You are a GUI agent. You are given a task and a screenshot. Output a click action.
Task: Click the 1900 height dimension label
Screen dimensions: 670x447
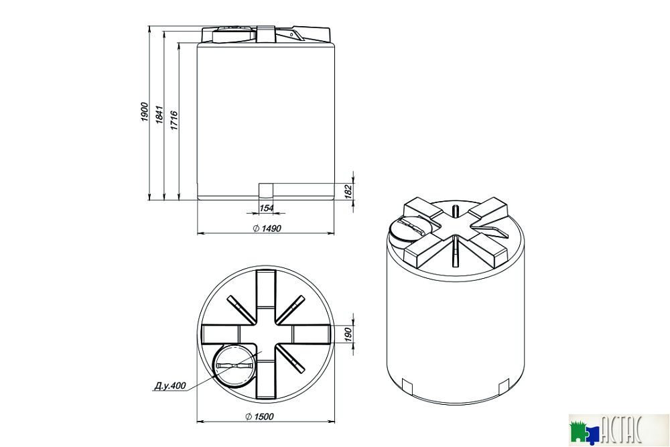pyautogui.click(x=144, y=112)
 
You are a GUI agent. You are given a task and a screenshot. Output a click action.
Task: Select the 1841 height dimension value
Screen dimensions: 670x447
pyautogui.click(x=159, y=115)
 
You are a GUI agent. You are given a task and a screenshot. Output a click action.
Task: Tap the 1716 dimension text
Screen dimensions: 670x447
pyautogui.click(x=174, y=121)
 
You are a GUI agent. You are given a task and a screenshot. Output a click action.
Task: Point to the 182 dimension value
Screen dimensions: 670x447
pyautogui.click(x=348, y=191)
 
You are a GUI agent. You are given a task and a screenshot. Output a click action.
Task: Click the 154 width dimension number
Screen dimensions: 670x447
pyautogui.click(x=266, y=208)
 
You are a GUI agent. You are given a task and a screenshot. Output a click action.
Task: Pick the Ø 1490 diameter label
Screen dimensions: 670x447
pyautogui.click(x=267, y=229)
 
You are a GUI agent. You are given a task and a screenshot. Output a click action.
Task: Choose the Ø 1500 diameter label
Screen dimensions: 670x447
pyautogui.click(x=260, y=416)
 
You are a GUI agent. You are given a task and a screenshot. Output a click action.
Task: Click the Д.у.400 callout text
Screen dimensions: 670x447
pyautogui.click(x=170, y=385)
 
